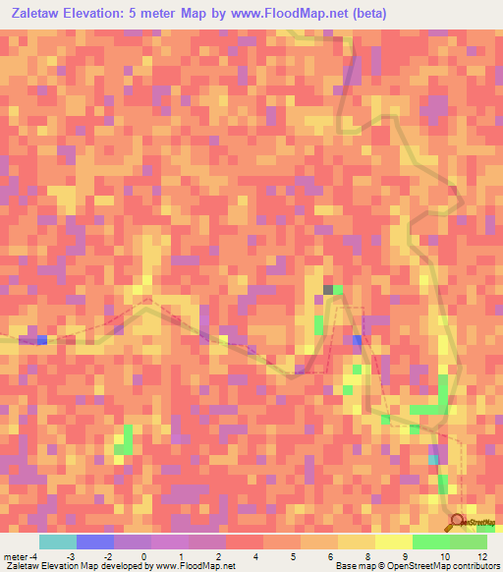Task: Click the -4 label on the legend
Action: click(32, 556)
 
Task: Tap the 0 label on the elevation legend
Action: click(144, 556)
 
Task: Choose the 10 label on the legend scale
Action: click(444, 556)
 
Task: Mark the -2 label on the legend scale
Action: click(107, 556)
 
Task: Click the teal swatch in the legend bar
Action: click(58, 542)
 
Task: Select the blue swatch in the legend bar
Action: click(95, 542)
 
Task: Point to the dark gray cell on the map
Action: click(328, 289)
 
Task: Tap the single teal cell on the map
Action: click(432, 459)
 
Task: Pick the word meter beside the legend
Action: click(14, 556)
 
